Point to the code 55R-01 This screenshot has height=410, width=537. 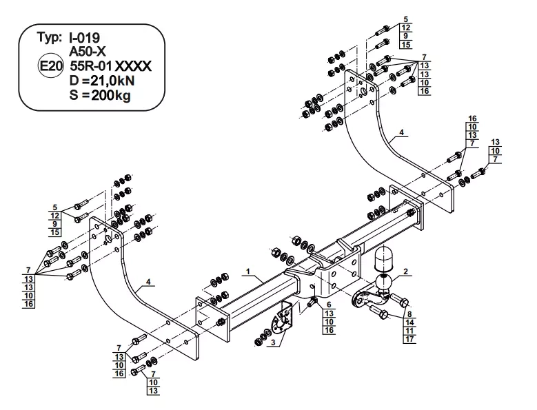90,66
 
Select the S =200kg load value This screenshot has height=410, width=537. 100,95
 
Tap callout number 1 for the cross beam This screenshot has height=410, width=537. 245,272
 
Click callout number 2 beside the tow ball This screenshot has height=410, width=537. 407,272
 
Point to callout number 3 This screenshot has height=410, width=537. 273,342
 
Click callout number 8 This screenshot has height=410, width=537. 409,314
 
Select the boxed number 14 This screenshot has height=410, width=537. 409,322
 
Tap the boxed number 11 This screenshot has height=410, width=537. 409,331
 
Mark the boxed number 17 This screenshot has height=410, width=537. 409,339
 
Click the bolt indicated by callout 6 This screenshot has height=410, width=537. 311,301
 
